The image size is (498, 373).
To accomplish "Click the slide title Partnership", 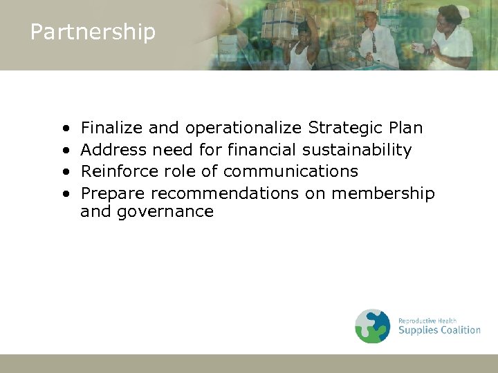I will pyautogui.click(x=93, y=32).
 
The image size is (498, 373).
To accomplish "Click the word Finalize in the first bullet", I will pyautogui.click(x=111, y=128).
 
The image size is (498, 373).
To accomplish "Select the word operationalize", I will pyautogui.click(x=243, y=128).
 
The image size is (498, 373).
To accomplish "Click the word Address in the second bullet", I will pyautogui.click(x=113, y=150).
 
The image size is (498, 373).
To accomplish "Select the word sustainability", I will pyautogui.click(x=357, y=150).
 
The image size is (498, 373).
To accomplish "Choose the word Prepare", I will pyautogui.click(x=113, y=193).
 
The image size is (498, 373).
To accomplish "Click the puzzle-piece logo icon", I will pyautogui.click(x=373, y=326).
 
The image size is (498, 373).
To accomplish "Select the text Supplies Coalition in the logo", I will pyautogui.click(x=439, y=330).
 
